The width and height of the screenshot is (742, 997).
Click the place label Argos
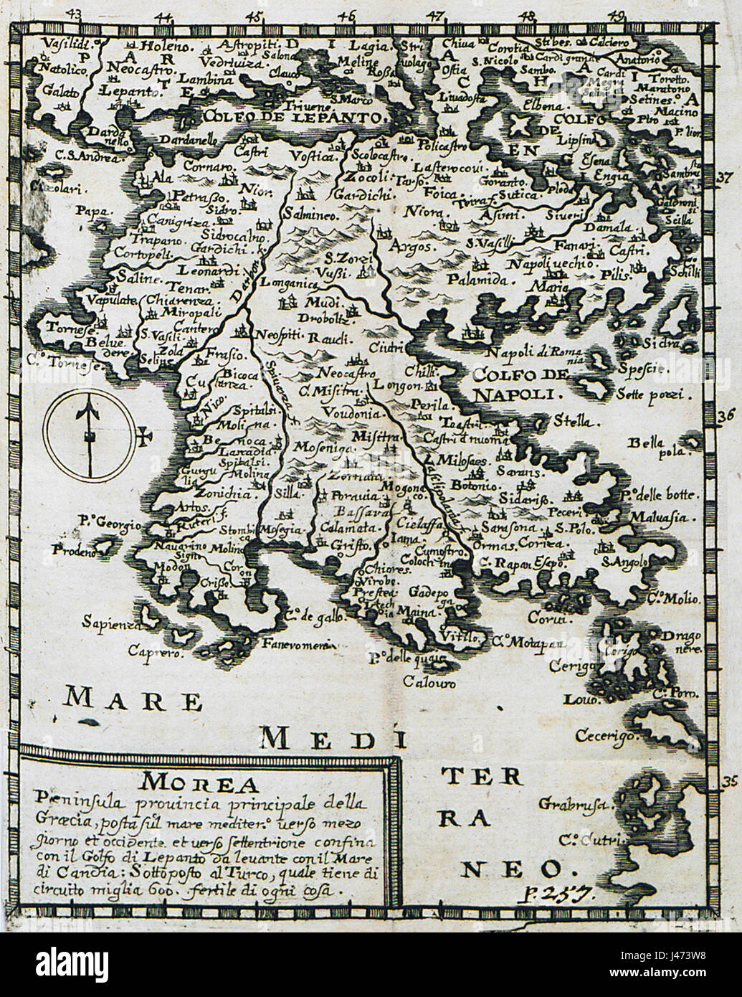click(x=409, y=246)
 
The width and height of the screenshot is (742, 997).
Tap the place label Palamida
click(x=472, y=278)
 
